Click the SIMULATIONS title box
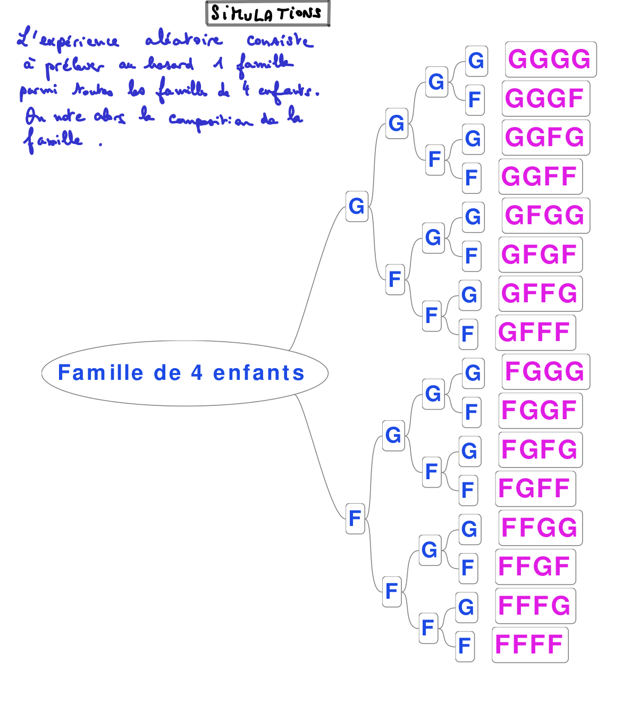(267, 13)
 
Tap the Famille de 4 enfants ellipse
(184, 373)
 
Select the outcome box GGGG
(550, 60)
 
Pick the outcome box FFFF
(529, 645)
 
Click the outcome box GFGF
(540, 254)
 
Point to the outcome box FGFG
(540, 449)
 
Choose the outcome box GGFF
(540, 176)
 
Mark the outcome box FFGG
(540, 528)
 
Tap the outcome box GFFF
(535, 333)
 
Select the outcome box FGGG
(545, 371)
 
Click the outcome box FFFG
(535, 606)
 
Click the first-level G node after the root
(357, 206)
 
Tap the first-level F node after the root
(355, 518)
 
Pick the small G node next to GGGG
(476, 61)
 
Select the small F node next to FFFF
(465, 646)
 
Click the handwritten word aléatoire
(183, 40)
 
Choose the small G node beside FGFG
(469, 451)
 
